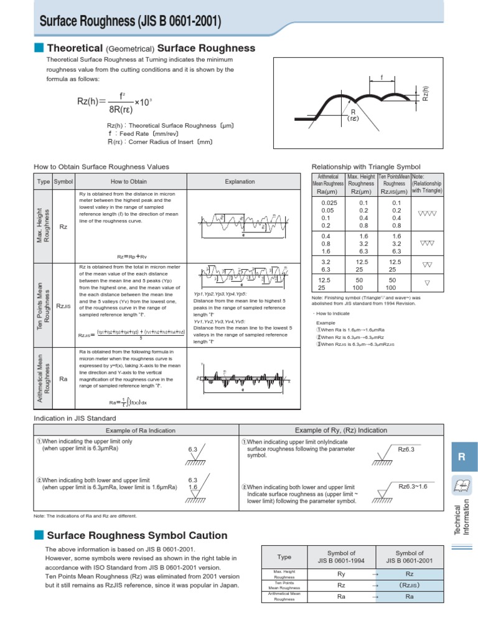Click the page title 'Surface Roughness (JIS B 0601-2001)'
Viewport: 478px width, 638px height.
130,22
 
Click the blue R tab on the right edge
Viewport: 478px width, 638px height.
461,457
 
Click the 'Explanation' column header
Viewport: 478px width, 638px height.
240,181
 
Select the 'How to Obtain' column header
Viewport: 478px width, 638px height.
129,181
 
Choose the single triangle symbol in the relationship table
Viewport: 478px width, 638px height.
427,283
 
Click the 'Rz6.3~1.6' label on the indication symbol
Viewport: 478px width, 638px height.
413,486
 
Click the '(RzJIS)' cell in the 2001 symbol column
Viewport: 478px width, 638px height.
409,585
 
